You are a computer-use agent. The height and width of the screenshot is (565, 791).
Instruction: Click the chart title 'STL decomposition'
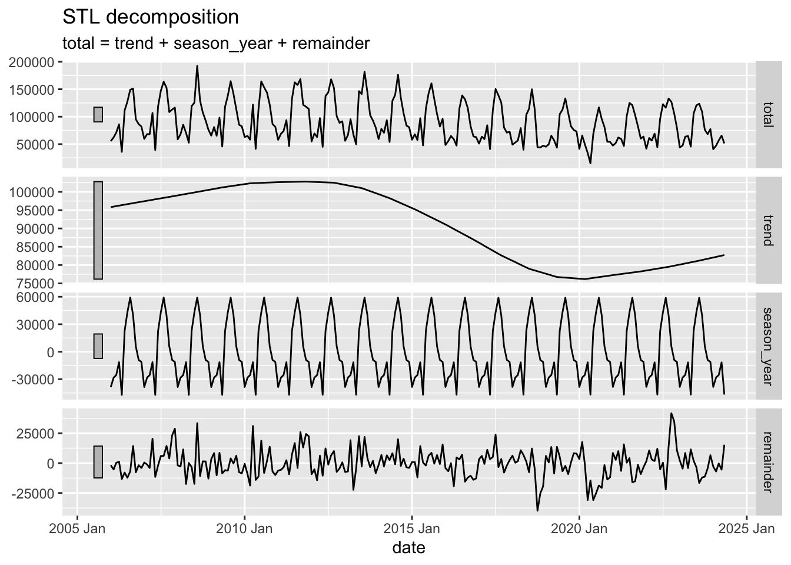click(150, 17)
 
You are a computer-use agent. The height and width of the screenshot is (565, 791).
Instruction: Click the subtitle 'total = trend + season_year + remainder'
click(215, 43)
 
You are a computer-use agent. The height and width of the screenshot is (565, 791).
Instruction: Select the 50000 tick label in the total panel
click(36, 144)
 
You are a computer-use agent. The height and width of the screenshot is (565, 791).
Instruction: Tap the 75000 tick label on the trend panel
click(36, 283)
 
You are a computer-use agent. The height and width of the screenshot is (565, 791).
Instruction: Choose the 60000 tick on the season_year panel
click(36, 297)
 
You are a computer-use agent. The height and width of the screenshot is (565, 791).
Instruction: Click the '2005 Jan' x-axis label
click(78, 529)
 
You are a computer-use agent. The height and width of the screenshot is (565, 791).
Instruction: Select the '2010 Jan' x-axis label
click(244, 529)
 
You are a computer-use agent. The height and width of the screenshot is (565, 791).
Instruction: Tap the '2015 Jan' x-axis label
click(411, 529)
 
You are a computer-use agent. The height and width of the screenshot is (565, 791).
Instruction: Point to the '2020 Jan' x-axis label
click(579, 529)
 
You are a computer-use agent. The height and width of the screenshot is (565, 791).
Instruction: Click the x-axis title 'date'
click(408, 548)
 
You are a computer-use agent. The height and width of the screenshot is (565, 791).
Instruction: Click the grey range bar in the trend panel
click(98, 230)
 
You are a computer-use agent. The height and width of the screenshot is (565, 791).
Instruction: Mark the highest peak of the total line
click(197, 66)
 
